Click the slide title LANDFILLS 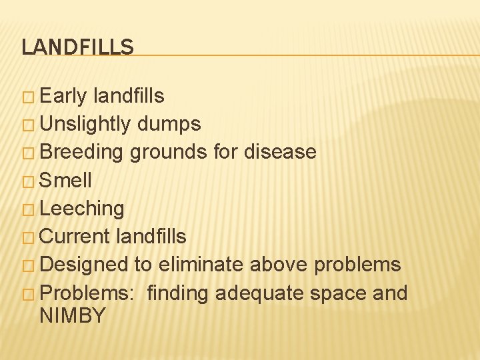coord(77,47)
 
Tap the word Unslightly coord(86,124)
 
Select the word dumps coord(169,124)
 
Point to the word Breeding coord(81,152)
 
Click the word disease coord(280,152)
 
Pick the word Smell coord(66,180)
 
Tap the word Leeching coord(82,209)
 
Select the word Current coord(75,236)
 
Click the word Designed coord(83,265)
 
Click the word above coord(279,265)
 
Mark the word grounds coord(169,152)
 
